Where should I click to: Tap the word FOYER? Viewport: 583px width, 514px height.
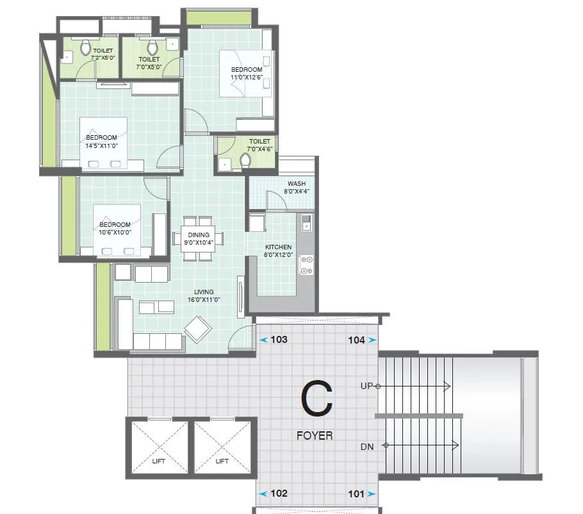315,436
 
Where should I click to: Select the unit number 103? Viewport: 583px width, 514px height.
279,340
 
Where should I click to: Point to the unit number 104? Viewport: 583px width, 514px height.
356,340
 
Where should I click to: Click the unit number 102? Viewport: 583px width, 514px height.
279,493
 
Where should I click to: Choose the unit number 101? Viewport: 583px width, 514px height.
356,493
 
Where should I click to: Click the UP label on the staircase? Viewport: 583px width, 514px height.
367,386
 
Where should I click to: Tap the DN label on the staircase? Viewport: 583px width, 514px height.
367,445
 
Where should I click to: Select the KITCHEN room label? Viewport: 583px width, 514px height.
279,247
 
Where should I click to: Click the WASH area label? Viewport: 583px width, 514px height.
296,184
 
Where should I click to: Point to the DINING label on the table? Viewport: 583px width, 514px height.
198,235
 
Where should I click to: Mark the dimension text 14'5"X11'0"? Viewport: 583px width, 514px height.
101,145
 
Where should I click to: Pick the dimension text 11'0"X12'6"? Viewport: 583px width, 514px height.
247,77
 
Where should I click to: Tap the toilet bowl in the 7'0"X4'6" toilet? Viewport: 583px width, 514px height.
245,160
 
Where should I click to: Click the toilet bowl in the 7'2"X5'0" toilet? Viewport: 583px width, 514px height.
85,47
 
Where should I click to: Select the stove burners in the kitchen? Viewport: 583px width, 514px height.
307,265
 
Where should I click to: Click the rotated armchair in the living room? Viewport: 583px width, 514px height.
198,329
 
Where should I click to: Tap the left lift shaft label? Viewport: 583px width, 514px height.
158,461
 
